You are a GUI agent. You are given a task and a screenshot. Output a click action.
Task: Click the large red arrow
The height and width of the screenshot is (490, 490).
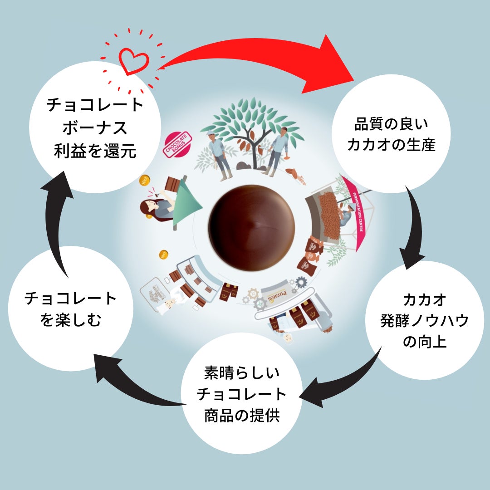[272, 59]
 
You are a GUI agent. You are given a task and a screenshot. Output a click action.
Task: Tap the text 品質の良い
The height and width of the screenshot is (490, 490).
[391, 123]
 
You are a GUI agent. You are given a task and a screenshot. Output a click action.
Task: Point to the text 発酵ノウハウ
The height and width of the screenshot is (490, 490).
[425, 320]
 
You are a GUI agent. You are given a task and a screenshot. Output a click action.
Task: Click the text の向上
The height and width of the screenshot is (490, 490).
[425, 341]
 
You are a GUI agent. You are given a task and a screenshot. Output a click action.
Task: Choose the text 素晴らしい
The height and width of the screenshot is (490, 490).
[242, 373]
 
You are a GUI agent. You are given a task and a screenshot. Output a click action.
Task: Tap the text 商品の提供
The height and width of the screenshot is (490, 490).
[242, 416]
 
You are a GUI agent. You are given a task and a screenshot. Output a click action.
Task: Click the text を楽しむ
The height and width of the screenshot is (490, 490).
[71, 320]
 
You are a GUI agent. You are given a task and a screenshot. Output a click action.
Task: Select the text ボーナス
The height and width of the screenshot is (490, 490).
[95, 128]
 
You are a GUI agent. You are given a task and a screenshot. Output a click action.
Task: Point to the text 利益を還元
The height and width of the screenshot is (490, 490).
[95, 151]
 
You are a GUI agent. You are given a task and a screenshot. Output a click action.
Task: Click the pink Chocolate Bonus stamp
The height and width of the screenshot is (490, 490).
[177, 144]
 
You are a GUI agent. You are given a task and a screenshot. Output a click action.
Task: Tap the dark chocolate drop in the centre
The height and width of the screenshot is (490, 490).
[251, 227]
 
